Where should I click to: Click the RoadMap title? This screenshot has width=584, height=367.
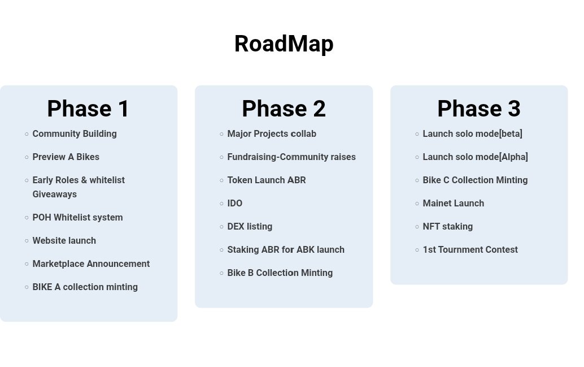[x=284, y=44]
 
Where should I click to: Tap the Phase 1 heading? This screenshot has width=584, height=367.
[x=88, y=109]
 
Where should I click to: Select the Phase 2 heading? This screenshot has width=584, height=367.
[x=284, y=109]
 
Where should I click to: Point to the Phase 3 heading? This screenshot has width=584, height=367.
[x=478, y=109]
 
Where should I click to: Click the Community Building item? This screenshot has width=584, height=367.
[x=75, y=134]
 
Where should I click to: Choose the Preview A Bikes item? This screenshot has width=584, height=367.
[x=66, y=157]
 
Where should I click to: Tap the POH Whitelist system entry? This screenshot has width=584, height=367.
[x=77, y=218]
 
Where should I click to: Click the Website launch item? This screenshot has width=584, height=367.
[x=64, y=241]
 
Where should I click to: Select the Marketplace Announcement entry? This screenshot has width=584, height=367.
[x=91, y=264]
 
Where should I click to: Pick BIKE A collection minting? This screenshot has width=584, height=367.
[x=85, y=287]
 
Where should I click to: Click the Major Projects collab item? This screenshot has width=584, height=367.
[x=272, y=134]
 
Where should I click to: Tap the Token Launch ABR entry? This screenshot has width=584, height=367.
[x=267, y=180]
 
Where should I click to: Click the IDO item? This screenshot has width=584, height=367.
[x=235, y=204]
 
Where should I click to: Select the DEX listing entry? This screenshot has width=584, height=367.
[x=250, y=227]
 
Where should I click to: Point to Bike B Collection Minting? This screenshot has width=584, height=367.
[x=280, y=273]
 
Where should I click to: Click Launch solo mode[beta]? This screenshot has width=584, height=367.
[x=472, y=134]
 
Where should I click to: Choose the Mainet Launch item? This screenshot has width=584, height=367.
[x=453, y=204]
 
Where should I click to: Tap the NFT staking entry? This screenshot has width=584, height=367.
[x=447, y=227]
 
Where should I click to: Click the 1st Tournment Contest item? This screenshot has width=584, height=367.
[x=470, y=250]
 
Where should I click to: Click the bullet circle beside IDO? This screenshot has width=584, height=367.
[x=221, y=204]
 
